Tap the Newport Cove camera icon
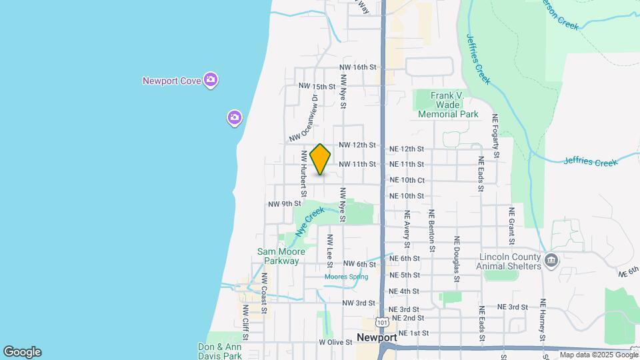coord(211,80)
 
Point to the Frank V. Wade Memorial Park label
coord(448,105)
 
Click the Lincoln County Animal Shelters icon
coord(551,259)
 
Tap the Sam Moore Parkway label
coord(281,256)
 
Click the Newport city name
coord(377,337)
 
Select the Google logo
coord(22,352)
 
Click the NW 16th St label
coord(358,67)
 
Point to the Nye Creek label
coord(310,221)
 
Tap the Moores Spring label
coord(346,277)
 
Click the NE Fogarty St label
coord(496,135)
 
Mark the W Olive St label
coord(335,342)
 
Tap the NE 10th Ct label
coord(407,180)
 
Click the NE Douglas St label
coord(457,256)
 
